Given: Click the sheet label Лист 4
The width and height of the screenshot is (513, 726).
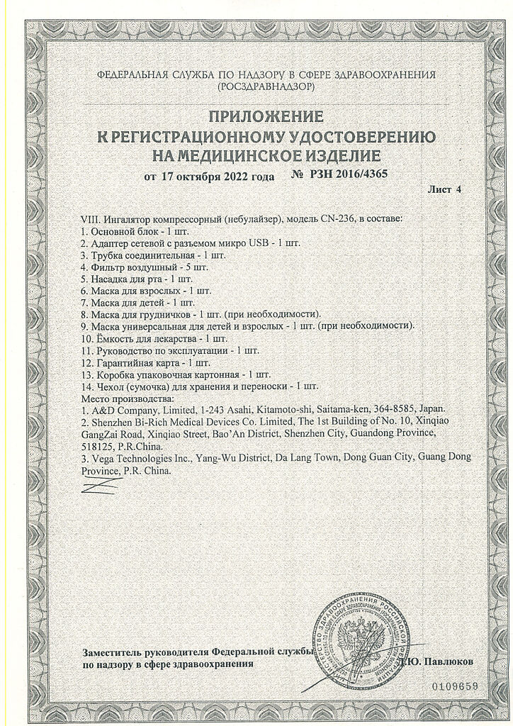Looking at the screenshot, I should (x=444, y=190).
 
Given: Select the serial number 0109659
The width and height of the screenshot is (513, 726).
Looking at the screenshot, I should (x=454, y=686).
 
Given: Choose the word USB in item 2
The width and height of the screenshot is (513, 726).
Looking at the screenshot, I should (x=260, y=242).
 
